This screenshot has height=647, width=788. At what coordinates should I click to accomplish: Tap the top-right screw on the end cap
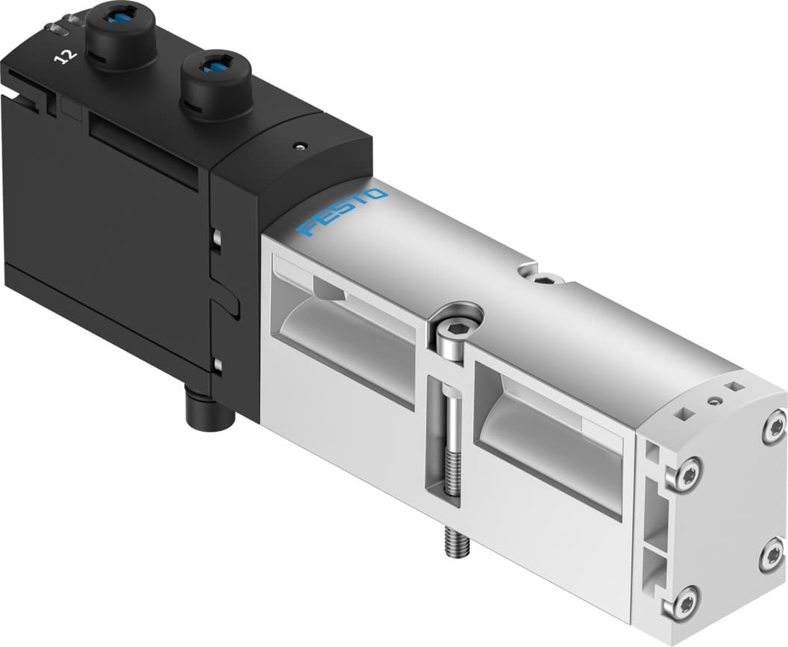(773, 428)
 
